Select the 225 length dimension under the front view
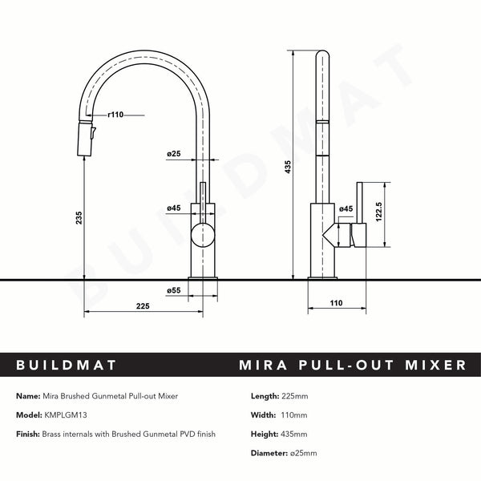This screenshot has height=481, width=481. (143, 305)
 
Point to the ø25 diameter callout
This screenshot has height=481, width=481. (174, 153)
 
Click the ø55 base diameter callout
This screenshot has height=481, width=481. (173, 290)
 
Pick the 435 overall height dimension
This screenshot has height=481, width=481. (286, 167)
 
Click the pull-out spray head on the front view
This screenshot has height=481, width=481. (84, 140)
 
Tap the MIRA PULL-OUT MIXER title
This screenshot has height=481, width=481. (353, 366)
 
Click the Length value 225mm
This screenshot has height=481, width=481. (295, 396)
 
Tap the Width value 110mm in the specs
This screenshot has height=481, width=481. (293, 415)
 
